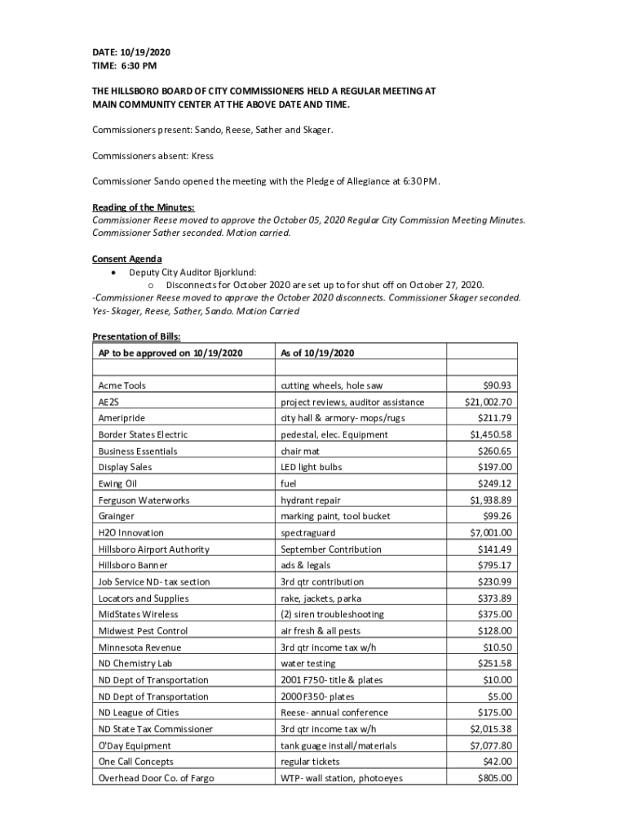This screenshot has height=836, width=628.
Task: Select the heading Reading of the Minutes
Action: tap(143, 207)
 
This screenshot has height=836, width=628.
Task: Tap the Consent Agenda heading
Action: tap(121, 259)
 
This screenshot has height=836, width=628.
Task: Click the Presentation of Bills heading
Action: tap(136, 336)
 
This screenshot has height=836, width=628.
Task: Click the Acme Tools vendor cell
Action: tap(122, 385)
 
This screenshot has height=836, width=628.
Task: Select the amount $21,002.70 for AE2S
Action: tap(488, 402)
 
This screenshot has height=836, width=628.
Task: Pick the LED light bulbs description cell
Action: tap(312, 467)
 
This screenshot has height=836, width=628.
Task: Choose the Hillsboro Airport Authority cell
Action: tap(153, 549)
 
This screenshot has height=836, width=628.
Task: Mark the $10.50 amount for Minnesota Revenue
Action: tap(498, 647)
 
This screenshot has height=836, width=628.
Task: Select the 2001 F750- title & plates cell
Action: tap(331, 680)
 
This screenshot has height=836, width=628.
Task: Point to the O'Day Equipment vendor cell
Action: tap(135, 745)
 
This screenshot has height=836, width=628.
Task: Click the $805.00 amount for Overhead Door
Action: tap(494, 778)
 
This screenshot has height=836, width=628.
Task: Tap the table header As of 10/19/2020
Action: tap(317, 353)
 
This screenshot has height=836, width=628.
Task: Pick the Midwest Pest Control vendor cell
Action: tap(143, 631)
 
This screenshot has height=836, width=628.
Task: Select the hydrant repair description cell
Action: tap(311, 500)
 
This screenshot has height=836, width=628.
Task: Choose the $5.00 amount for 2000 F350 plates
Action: tap(500, 696)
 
